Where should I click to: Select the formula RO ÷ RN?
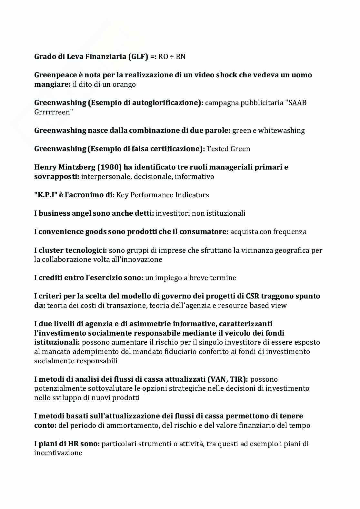(172, 57)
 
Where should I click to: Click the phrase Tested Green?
(228, 149)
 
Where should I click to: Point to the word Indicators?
(193, 195)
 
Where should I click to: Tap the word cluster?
(51, 250)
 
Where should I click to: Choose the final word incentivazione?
(58, 453)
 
